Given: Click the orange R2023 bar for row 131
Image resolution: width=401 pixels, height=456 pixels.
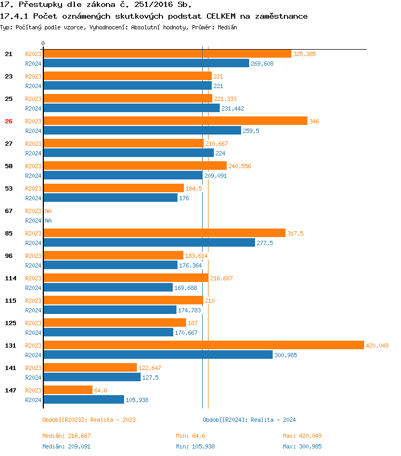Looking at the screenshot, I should (203, 345).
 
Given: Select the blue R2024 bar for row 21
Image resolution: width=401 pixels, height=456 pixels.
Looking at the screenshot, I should (146, 63).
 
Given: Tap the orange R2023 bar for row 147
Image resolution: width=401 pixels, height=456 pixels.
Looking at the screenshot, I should (68, 390).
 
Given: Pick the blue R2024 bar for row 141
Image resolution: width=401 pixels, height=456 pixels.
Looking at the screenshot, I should (92, 377).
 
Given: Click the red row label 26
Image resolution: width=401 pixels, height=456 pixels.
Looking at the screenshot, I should (9, 121).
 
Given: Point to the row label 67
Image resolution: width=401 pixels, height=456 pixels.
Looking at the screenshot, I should (9, 211).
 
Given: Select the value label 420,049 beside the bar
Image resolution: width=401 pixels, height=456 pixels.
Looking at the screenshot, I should (377, 345).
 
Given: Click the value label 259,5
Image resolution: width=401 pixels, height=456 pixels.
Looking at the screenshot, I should (251, 131).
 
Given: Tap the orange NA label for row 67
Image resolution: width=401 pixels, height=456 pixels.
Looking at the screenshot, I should (48, 211).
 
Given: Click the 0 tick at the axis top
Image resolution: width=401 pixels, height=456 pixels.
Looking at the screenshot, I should (43, 43).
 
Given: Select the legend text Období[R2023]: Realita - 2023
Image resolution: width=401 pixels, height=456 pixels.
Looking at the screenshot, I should (89, 420).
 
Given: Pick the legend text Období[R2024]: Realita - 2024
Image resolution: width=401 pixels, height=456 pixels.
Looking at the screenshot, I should (249, 420).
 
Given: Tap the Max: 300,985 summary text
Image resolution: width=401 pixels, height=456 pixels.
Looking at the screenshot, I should (302, 446).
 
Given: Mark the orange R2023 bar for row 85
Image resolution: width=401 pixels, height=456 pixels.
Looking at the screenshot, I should (164, 233).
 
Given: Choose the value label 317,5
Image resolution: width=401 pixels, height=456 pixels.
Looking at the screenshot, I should (295, 233).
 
